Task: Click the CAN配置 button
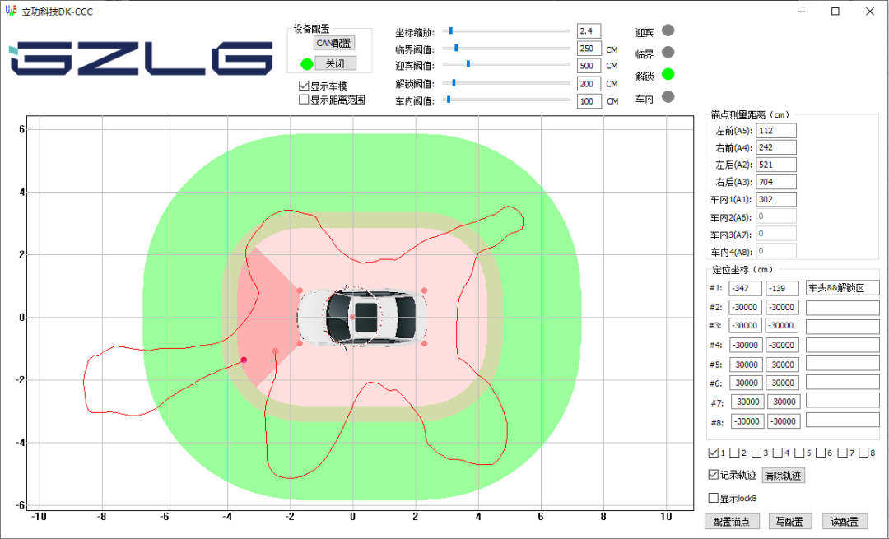(334, 43)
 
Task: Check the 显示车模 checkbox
(304, 86)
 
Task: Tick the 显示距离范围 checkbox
(304, 100)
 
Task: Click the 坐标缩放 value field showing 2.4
(589, 30)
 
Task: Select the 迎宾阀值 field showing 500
(589, 66)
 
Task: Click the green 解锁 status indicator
(668, 74)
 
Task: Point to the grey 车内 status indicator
(668, 96)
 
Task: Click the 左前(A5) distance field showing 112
(775, 130)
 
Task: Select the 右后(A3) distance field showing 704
(775, 182)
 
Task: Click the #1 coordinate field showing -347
(746, 288)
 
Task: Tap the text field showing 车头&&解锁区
(842, 287)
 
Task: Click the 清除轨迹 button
(783, 475)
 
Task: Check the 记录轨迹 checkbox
(714, 475)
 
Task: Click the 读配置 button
(845, 521)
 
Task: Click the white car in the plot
(363, 316)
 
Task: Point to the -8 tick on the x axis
(101, 517)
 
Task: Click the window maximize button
(835, 12)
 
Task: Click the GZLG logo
(140, 58)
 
